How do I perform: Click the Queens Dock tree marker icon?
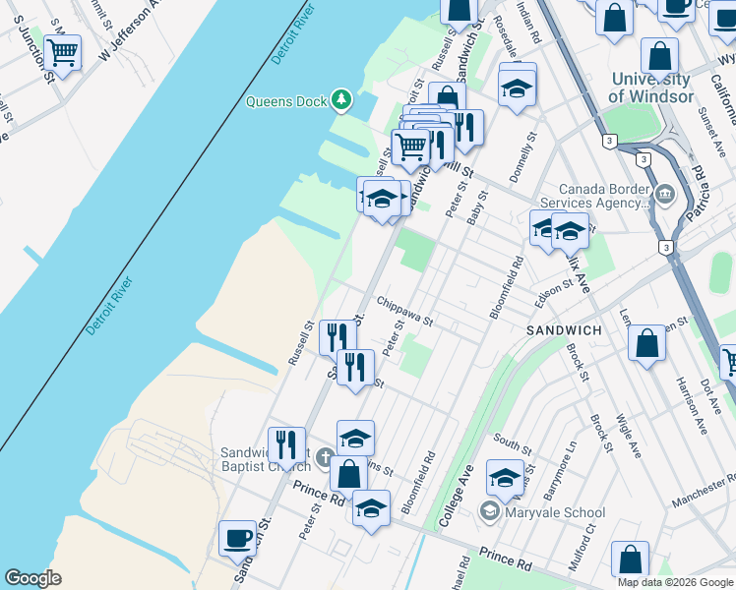coord(341,99)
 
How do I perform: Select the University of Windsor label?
coord(648,88)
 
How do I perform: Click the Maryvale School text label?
coord(555,512)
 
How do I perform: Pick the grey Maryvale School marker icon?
coord(489,512)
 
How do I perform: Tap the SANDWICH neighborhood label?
coord(564,330)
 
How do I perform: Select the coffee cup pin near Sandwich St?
coord(237,539)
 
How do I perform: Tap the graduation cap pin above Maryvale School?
coord(505,478)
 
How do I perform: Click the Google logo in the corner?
coord(32,578)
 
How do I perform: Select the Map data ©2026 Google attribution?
coord(675,582)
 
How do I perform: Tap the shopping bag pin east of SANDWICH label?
coord(646,344)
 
